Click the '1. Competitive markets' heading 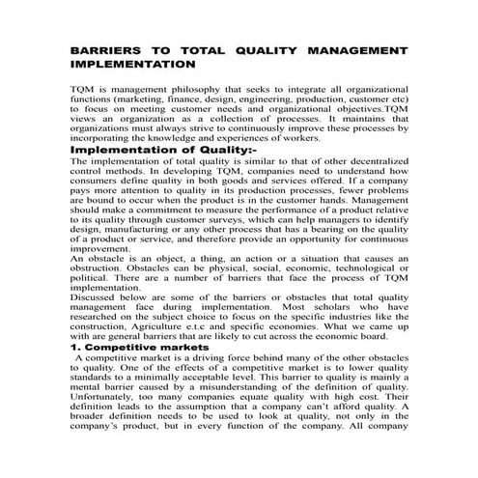[x=141, y=347]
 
